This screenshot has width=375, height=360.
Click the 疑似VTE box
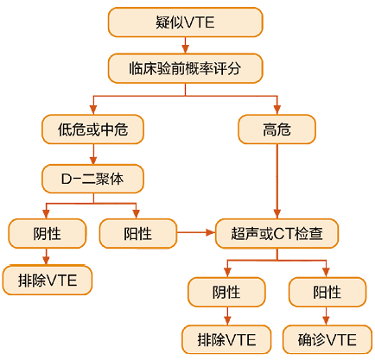pos(185,22)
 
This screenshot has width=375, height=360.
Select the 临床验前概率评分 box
pos(185,68)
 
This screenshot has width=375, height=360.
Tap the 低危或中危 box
pos(92,129)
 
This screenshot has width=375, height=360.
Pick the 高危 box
pos(276,129)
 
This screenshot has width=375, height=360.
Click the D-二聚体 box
pos(92,179)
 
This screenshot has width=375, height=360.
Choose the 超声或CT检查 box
pos(276,233)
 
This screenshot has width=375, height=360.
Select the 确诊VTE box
pos(327,339)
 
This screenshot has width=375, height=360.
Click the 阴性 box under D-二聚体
pos(48,233)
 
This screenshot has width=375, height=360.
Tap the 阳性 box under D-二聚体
pos(138,233)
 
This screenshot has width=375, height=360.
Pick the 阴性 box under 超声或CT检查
pos(226,292)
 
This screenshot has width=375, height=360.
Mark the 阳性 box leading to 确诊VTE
pos(327,292)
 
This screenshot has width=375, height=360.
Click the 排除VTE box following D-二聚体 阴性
pos(48,281)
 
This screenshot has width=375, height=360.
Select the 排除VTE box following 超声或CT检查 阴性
pos(226,339)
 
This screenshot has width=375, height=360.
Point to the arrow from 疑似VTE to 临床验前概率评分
pos(185,45)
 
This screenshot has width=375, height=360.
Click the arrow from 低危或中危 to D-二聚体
pos(93,154)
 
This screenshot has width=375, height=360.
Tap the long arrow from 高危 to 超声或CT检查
pos(277,181)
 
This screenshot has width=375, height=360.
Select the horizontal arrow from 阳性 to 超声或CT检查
pos(196,232)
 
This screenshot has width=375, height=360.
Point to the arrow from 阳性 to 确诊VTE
pos(326,316)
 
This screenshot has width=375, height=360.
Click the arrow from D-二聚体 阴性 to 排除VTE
pos(46,257)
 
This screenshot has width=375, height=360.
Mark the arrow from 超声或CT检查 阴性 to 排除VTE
pos(227,316)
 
